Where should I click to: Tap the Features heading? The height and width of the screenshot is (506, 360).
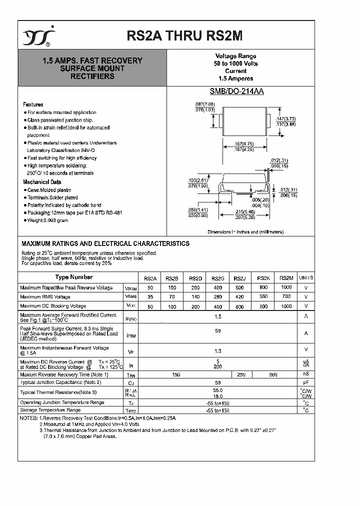coord(33,104)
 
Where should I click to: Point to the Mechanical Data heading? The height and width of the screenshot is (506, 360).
coord(42,182)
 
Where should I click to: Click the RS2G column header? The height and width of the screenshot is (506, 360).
coord(217,278)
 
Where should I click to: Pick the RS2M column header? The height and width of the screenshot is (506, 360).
coord(286,278)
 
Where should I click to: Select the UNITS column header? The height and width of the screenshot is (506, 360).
coord(306,278)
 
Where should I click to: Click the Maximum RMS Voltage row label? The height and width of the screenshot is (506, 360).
coord(45,296)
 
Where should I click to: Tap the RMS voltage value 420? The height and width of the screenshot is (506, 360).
coord(240,296)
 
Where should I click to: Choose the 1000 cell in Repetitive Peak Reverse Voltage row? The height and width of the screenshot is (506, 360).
coord(286,287)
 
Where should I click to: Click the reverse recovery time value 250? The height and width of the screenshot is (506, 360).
coord(240,374)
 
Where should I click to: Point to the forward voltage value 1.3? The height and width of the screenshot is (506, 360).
coord(218,351)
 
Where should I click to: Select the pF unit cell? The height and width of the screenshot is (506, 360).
coord(306,382)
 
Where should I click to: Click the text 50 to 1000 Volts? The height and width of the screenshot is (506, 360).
coord(235,63)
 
